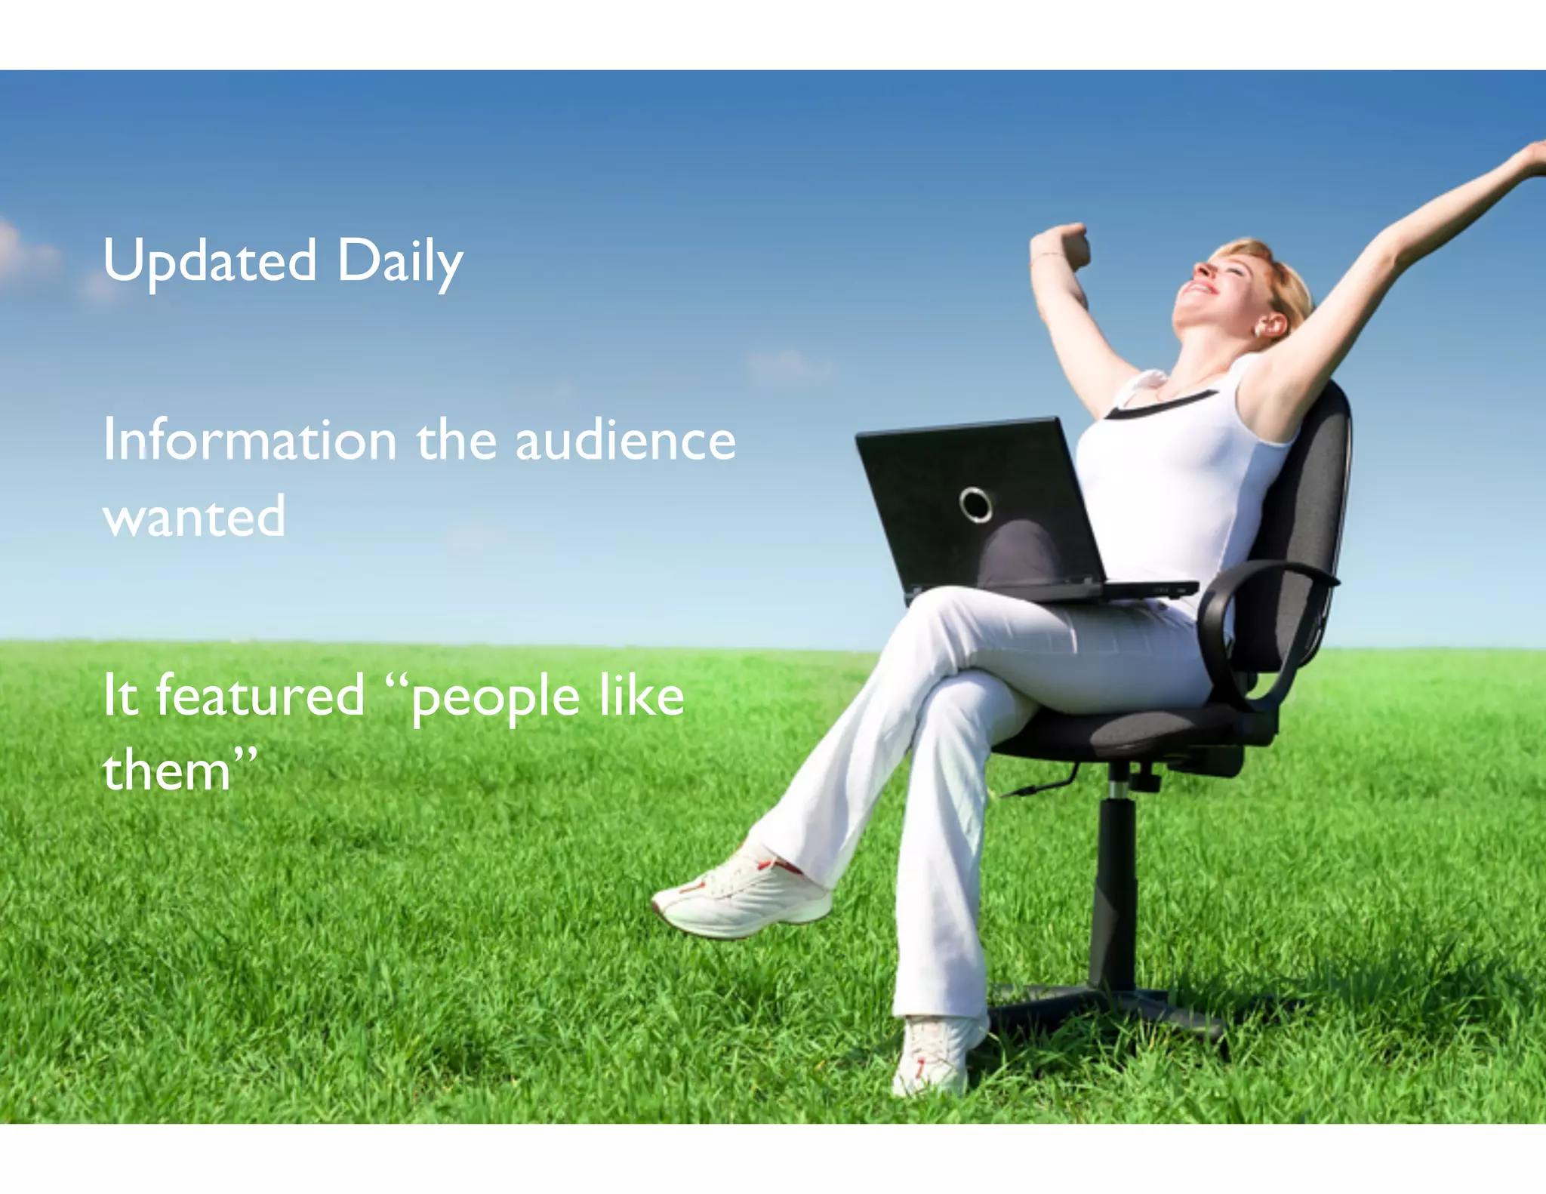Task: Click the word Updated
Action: tap(210, 261)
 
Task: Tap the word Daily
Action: tap(399, 261)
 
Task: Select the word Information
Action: tap(250, 440)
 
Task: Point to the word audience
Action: tap(625, 440)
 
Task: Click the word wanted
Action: tap(194, 517)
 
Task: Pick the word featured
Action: tap(260, 695)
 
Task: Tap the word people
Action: tap(495, 698)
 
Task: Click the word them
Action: tap(166, 771)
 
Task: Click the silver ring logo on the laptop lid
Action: tap(975, 504)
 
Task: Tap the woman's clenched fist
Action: tap(1066, 245)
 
